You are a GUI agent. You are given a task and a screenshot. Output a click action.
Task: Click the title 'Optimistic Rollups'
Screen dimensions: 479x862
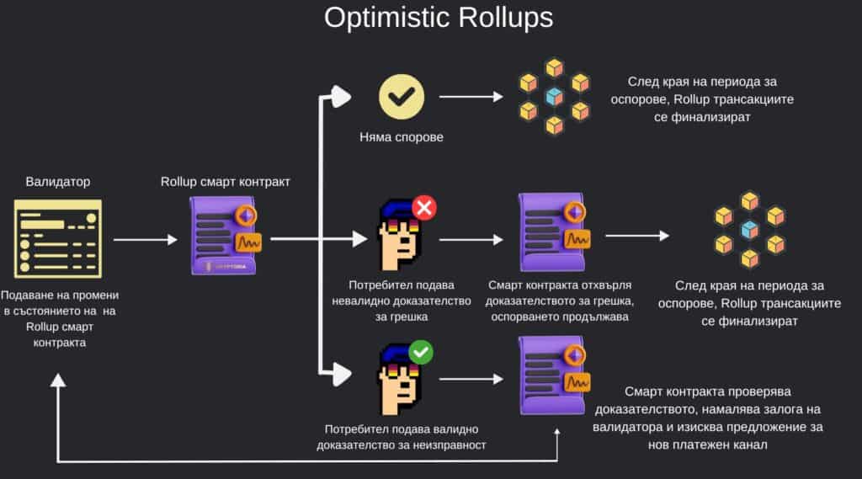tap(439, 19)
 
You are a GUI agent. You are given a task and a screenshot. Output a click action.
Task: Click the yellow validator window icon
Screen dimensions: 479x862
tap(57, 239)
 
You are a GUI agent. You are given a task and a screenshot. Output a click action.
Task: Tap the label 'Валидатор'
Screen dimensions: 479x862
tap(57, 181)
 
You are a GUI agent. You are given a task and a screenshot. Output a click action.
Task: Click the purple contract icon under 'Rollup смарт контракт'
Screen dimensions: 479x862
tap(224, 239)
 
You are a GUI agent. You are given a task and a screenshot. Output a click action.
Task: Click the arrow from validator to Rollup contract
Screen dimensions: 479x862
tap(145, 240)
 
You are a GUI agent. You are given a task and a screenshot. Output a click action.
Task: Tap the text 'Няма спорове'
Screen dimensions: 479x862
tap(400, 137)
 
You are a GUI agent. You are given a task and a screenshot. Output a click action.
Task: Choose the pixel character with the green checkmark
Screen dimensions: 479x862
tap(397, 378)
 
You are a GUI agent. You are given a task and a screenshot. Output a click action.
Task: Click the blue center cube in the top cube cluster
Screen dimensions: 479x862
tap(553, 97)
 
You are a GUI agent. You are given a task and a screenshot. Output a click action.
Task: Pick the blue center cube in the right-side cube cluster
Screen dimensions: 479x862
tap(749, 229)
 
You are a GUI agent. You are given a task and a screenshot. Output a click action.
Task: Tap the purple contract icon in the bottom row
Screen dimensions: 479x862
tap(552, 375)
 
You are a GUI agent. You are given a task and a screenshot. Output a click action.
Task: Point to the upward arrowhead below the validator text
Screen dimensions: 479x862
tap(57, 380)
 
